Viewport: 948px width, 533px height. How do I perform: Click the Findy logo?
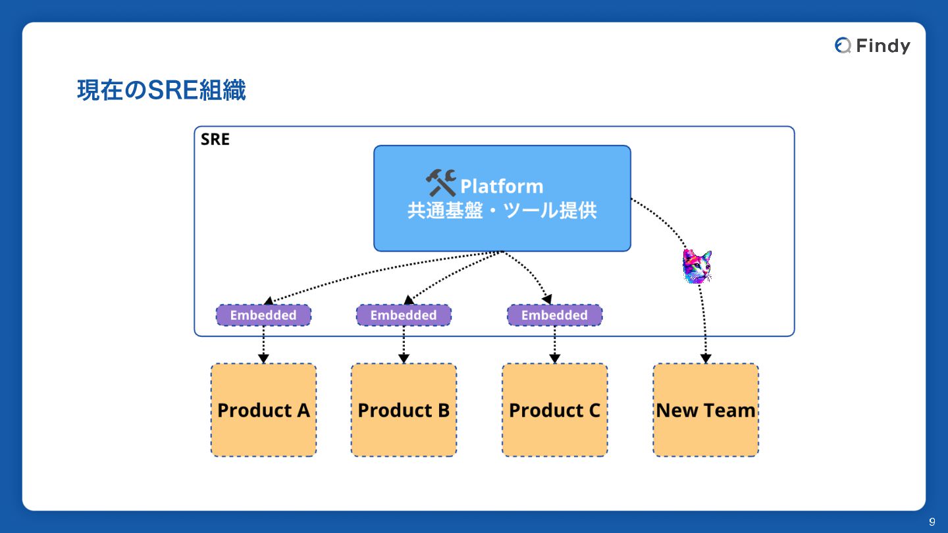(872, 45)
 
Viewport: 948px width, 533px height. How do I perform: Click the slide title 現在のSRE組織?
(161, 90)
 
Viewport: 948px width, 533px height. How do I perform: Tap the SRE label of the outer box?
(215, 140)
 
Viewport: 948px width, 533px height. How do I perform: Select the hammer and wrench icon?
(440, 183)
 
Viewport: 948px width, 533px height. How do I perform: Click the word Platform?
(502, 186)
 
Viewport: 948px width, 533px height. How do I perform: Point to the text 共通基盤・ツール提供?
(502, 211)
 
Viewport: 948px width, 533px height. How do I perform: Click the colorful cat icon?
(697, 266)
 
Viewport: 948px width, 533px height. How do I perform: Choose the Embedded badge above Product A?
(263, 315)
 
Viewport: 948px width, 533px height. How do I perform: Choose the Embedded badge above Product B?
(404, 315)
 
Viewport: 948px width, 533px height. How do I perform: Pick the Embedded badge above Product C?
(554, 315)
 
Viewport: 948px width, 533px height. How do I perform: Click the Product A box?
(263, 410)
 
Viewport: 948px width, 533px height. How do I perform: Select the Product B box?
(404, 410)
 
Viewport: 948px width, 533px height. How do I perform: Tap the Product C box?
(554, 410)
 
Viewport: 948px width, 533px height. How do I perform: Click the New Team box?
(706, 410)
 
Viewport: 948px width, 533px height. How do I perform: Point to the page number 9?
(932, 522)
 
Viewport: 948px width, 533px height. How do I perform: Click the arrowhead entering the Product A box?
(263, 359)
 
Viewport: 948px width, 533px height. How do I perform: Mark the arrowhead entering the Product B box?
(404, 359)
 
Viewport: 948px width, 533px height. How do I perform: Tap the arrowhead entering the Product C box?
(554, 359)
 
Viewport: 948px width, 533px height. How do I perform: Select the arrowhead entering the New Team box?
(706, 359)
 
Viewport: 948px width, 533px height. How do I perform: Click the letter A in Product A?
(303, 410)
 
